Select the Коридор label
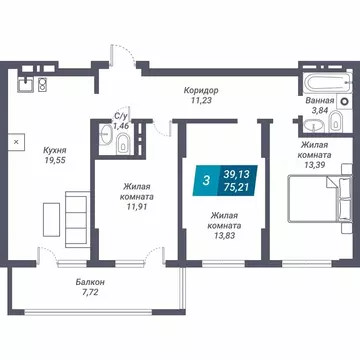tap(201, 89)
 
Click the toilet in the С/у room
tap(121, 146)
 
